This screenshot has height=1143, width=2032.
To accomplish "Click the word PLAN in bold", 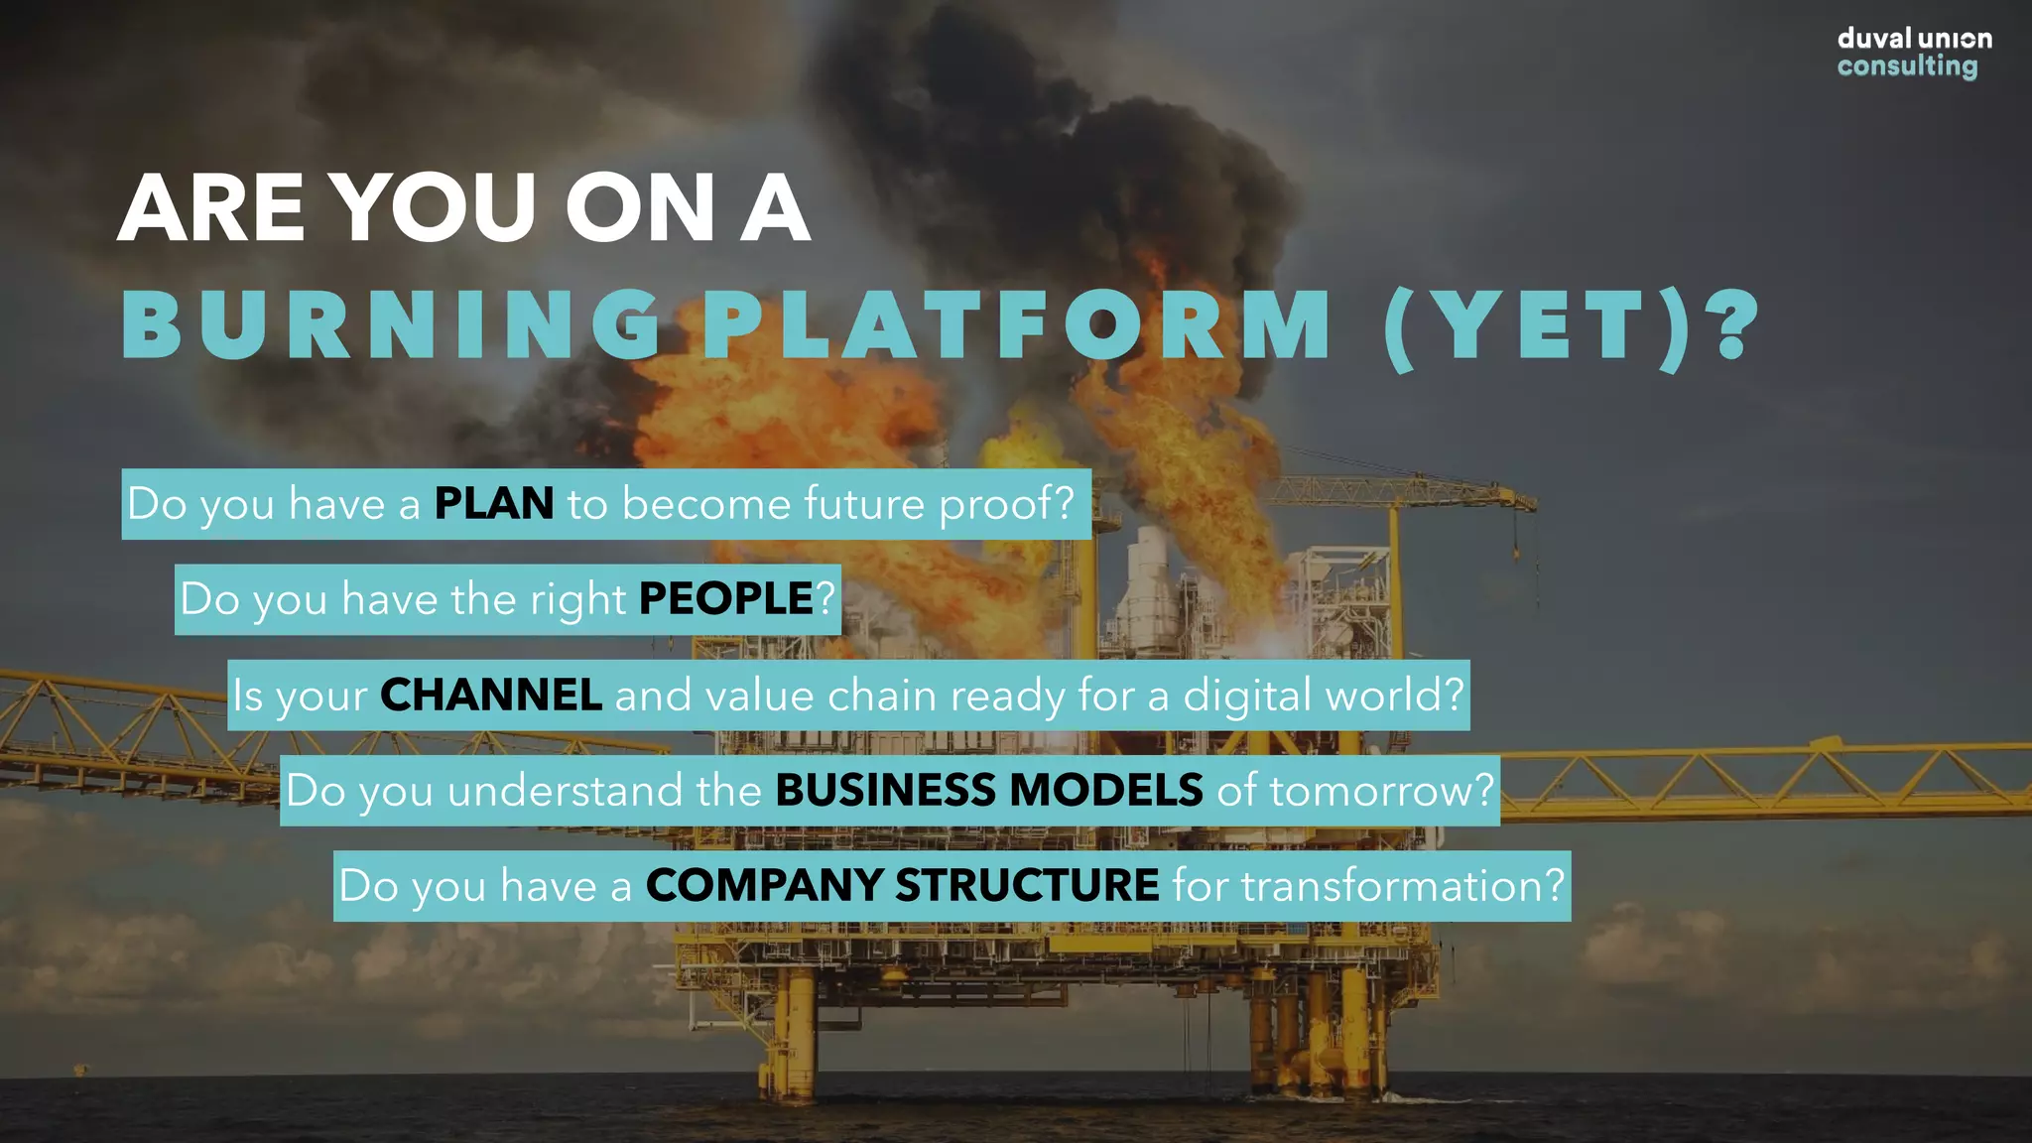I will (x=494, y=503).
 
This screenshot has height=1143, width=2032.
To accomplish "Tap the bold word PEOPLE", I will (x=726, y=598).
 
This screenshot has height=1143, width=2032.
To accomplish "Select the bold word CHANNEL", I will (x=491, y=695).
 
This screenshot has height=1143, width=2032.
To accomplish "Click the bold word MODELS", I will (x=1106, y=790).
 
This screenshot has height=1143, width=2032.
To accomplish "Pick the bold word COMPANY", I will (x=764, y=885).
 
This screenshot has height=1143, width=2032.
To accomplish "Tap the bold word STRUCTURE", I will (x=1027, y=885).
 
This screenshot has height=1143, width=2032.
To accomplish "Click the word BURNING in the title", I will (x=392, y=325).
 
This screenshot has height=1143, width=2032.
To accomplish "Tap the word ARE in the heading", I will (x=211, y=208).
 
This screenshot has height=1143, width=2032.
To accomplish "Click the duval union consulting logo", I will (x=1913, y=53).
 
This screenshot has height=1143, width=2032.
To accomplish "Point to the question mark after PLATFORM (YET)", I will (x=1736, y=325).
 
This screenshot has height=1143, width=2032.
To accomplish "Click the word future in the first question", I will (x=864, y=503).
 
